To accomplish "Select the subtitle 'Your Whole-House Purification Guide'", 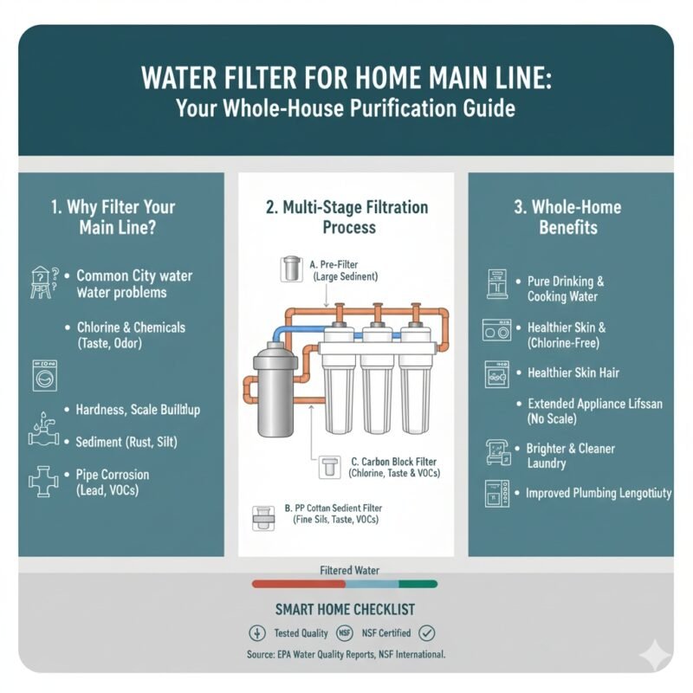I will (346, 110).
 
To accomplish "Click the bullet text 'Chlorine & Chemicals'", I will (131, 328).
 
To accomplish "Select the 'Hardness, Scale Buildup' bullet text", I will (138, 409).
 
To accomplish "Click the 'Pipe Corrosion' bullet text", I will (113, 475).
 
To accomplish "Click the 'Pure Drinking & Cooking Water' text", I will (566, 289).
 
